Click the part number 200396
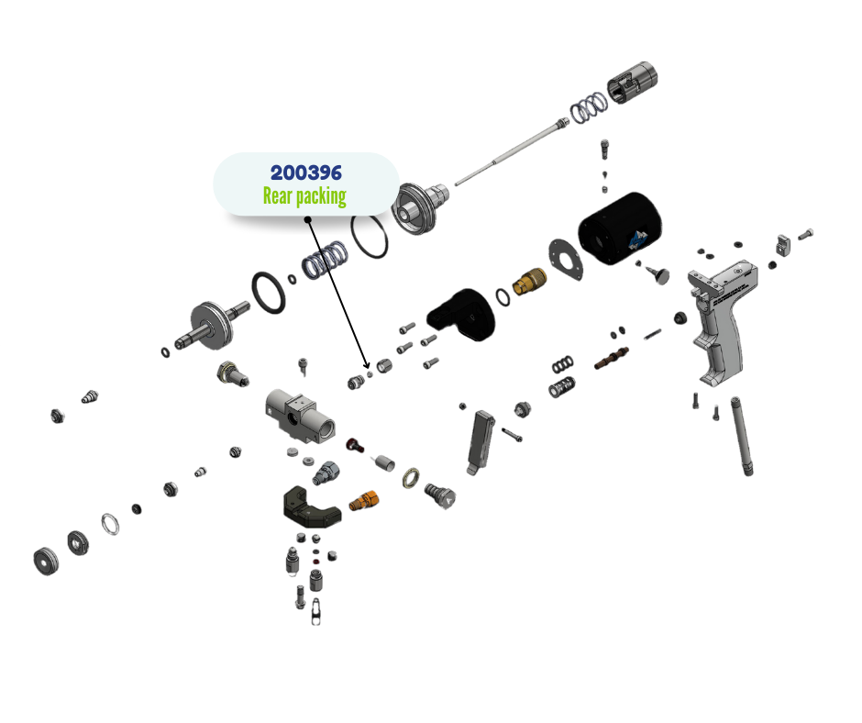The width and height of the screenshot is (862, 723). pyautogui.click(x=305, y=172)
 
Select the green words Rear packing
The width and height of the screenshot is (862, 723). pyautogui.click(x=304, y=195)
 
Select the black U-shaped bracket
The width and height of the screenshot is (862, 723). pyautogui.click(x=310, y=507)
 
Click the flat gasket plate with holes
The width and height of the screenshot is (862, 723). pyautogui.click(x=563, y=257)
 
